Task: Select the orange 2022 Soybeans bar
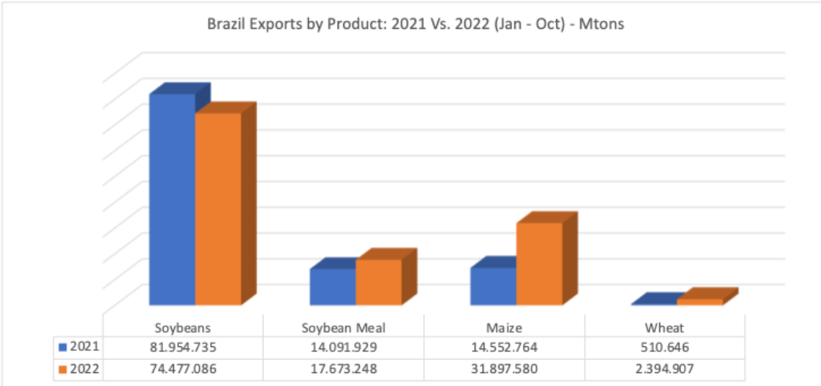[x=218, y=209]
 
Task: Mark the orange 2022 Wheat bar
[x=700, y=302]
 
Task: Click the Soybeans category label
[x=183, y=328]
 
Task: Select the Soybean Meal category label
[x=343, y=328]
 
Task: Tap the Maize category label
[x=504, y=328]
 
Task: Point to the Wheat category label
[x=664, y=328]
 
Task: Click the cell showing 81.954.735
[x=183, y=347]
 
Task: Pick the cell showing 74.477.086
[x=183, y=369]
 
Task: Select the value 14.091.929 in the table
[x=343, y=347]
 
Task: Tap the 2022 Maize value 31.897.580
[x=504, y=369]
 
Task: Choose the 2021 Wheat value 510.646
[x=664, y=347]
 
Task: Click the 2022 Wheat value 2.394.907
[x=664, y=369]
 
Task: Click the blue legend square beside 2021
[x=63, y=347]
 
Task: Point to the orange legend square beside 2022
[x=63, y=369]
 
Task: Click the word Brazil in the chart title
[x=223, y=24]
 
